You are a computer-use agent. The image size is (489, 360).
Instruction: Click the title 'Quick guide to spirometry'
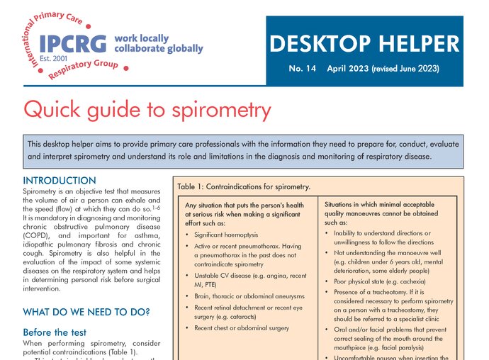coord(147,110)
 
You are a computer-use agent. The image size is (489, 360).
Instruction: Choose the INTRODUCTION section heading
coord(60,181)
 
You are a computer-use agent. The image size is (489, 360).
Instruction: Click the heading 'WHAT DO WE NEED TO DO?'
coord(87,312)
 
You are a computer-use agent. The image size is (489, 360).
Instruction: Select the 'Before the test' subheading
coord(55,332)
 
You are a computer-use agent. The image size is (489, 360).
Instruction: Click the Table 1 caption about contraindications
coord(244,187)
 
